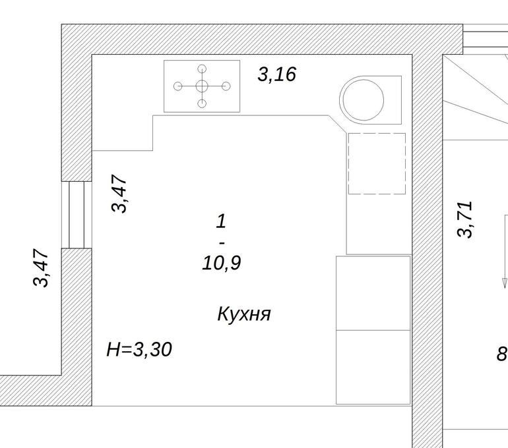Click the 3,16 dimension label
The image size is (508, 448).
[276, 74]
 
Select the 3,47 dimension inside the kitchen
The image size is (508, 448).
[119, 194]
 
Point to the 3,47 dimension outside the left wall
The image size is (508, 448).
[41, 267]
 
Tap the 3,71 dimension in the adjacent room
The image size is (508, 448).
[465, 219]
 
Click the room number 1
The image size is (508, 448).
[221, 221]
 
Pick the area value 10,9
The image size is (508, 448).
[222, 263]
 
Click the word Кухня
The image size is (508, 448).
[244, 314]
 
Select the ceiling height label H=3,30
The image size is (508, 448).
[139, 349]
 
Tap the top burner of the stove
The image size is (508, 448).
[202, 69]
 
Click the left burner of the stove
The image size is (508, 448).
[177, 86]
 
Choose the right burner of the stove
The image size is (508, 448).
[226, 86]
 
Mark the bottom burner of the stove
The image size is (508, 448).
[202, 103]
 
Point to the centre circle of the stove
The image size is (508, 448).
[202, 86]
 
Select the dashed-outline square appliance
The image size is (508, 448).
[377, 163]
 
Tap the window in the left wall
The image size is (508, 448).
[77, 215]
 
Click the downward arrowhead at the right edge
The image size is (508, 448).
[504, 283]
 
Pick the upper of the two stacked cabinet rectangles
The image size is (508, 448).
[373, 293]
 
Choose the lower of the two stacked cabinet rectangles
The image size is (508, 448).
[373, 367]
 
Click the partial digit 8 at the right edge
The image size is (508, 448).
[503, 354]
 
